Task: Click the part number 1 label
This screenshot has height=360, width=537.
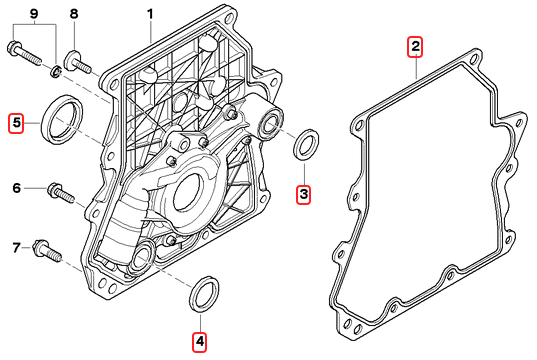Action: click(x=150, y=14)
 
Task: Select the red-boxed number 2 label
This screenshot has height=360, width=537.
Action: click(x=415, y=46)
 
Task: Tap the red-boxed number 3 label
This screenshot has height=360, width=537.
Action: click(x=304, y=195)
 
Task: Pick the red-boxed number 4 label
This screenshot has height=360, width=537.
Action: click(x=200, y=342)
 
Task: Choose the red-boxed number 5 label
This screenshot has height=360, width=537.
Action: click(x=16, y=123)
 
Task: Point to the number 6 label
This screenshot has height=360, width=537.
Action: click(x=16, y=188)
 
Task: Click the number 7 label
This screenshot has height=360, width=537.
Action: click(x=16, y=248)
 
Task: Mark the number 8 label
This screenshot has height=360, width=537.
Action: click(x=74, y=14)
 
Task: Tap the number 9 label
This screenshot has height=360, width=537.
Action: click(x=34, y=14)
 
